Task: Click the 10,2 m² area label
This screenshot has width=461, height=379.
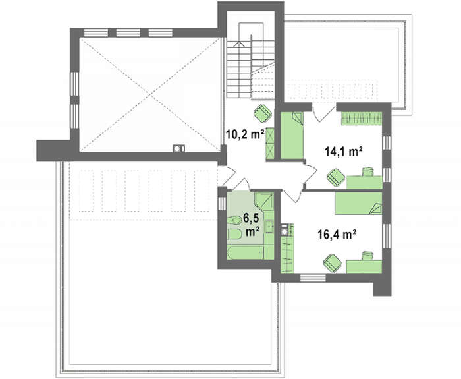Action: click(244, 134)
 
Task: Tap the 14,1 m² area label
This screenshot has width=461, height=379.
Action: click(343, 152)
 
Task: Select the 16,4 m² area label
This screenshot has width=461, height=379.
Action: click(337, 235)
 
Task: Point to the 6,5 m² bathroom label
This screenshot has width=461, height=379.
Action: click(252, 225)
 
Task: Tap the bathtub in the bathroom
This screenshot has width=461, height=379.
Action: click(246, 253)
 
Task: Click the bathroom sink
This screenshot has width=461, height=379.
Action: click(269, 227)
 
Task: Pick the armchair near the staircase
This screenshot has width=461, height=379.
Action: click(263, 113)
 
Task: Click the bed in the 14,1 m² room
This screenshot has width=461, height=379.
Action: click(292, 135)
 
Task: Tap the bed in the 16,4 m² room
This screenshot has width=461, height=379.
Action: click(358, 203)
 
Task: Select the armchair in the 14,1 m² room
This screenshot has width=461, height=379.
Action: click(336, 177)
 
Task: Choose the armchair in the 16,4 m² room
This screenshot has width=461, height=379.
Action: click(333, 262)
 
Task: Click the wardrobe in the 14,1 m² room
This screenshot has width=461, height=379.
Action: click(362, 119)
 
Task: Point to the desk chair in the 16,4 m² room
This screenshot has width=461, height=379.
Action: click(367, 255)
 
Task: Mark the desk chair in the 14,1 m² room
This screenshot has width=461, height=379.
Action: click(367, 171)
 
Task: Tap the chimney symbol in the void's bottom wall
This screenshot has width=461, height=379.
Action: click(178, 149)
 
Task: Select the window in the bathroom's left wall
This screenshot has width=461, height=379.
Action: click(222, 203)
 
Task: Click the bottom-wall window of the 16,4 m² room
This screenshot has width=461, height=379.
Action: click(313, 277)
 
